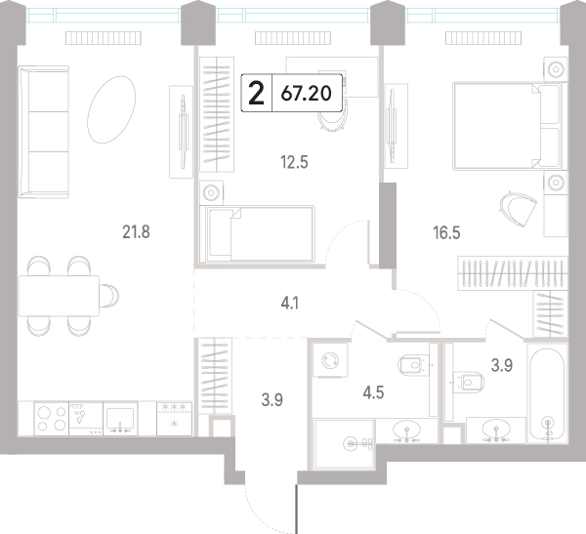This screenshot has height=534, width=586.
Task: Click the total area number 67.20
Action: click(x=306, y=94)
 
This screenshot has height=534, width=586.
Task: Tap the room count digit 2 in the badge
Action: click(x=256, y=94)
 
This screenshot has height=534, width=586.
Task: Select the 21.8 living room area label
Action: click(x=136, y=232)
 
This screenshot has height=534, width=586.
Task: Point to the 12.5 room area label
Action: click(x=294, y=163)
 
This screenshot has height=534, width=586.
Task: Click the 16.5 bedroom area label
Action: click(x=446, y=232)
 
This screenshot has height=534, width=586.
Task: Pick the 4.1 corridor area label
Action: click(x=290, y=304)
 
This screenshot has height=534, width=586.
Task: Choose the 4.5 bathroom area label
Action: click(x=373, y=392)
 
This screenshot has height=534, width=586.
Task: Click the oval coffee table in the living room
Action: click(x=111, y=109)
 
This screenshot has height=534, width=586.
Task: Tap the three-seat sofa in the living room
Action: click(x=44, y=132)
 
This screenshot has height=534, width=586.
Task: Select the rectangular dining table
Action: click(x=59, y=296)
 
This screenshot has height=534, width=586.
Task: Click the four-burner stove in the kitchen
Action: click(x=52, y=419)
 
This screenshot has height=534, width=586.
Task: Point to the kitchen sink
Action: click(x=120, y=419)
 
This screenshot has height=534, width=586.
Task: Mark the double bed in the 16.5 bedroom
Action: click(x=510, y=126)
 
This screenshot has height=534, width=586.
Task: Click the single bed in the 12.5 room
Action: click(x=257, y=234)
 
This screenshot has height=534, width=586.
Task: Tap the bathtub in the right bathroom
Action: click(x=547, y=393)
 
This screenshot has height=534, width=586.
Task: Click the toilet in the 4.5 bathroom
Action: click(x=415, y=364)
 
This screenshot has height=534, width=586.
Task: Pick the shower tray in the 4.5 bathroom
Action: click(x=344, y=444)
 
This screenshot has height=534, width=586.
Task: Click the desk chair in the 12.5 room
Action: click(x=332, y=116)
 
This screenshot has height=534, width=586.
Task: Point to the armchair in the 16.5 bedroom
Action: click(x=518, y=208)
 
